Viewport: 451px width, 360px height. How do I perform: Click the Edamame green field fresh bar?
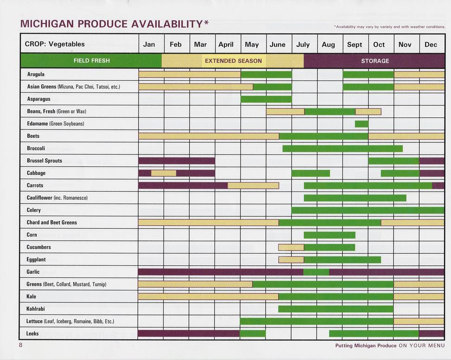click(362, 124)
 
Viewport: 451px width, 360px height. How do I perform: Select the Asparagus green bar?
click(266, 99)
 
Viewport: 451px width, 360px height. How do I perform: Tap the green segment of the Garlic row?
click(316, 272)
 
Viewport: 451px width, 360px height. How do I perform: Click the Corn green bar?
click(330, 235)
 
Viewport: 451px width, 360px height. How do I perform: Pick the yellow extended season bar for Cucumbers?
click(291, 247)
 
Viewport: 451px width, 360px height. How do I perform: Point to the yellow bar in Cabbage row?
click(164, 173)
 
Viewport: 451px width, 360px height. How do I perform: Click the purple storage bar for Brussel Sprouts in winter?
click(176, 161)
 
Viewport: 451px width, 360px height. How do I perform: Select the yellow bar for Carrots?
click(253, 186)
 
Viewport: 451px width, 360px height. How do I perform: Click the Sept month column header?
click(355, 45)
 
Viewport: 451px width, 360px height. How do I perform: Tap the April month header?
click(226, 45)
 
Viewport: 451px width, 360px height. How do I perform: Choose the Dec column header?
click(431, 45)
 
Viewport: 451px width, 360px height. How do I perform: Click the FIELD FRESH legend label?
click(92, 61)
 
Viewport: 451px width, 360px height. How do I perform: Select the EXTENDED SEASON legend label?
click(233, 61)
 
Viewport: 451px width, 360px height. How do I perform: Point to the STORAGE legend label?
click(375, 61)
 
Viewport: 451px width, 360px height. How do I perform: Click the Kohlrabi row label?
click(36, 309)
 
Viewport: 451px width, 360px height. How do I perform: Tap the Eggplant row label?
click(36, 259)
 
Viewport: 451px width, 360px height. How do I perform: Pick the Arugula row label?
click(36, 74)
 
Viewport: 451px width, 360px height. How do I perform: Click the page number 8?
click(20, 345)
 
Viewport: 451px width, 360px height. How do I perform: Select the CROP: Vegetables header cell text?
click(55, 45)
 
